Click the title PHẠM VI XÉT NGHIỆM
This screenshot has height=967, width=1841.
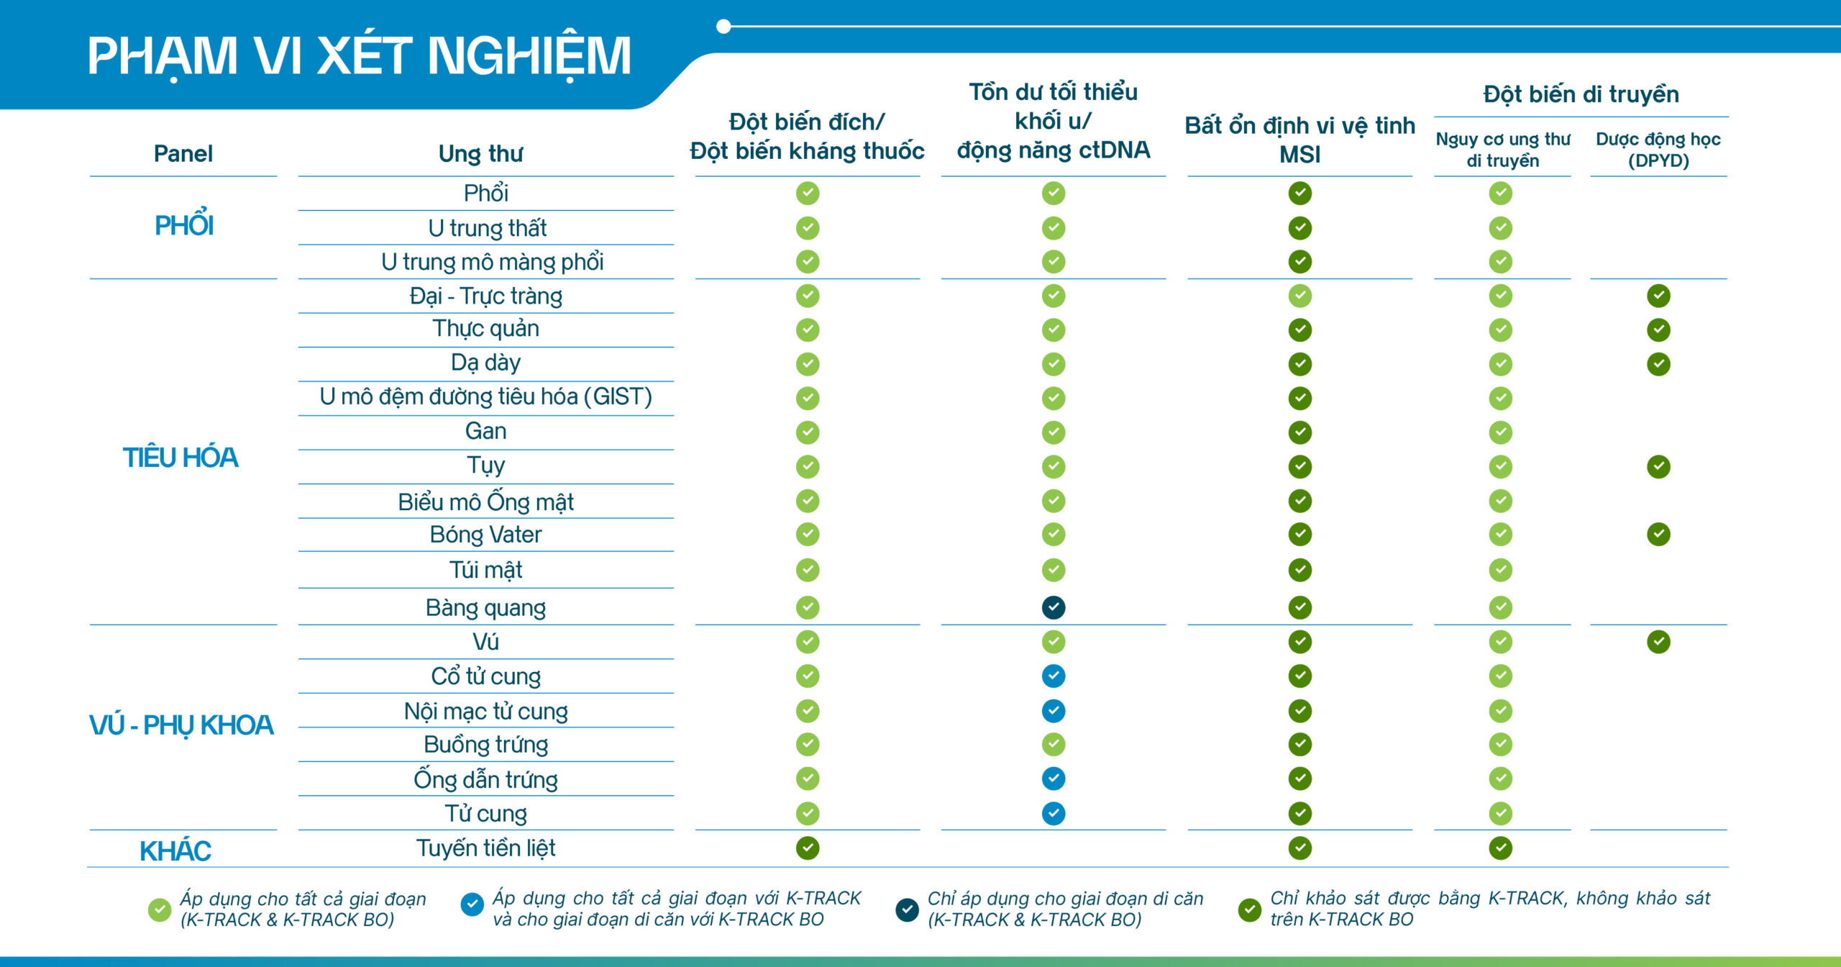point(359,56)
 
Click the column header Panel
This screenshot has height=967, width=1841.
point(183,153)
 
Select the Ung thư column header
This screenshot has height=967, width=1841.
point(481,153)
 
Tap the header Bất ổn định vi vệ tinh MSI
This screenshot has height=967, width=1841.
point(1299,140)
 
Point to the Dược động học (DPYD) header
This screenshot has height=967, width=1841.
point(1658,150)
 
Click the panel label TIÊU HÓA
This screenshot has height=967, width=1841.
point(180,458)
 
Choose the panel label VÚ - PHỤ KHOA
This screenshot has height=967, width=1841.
point(181,725)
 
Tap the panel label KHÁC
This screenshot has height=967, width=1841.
point(175,851)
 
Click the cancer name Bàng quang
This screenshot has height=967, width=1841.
point(485,608)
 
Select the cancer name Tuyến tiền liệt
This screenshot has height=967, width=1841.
point(485,848)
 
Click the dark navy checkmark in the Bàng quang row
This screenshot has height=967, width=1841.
point(1054,608)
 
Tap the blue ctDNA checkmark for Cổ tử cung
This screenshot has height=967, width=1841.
point(1054,676)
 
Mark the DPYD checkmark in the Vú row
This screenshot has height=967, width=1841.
point(1658,642)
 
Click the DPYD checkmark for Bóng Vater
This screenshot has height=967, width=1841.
point(1658,535)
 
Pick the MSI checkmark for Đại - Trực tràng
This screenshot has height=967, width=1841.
point(1299,296)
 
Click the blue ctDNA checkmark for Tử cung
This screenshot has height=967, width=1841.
point(1054,814)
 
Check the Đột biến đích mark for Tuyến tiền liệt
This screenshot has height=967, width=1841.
point(808,848)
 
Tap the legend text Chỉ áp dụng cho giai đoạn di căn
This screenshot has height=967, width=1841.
point(1065,899)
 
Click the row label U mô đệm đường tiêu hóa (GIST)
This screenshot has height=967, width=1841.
point(485,397)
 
